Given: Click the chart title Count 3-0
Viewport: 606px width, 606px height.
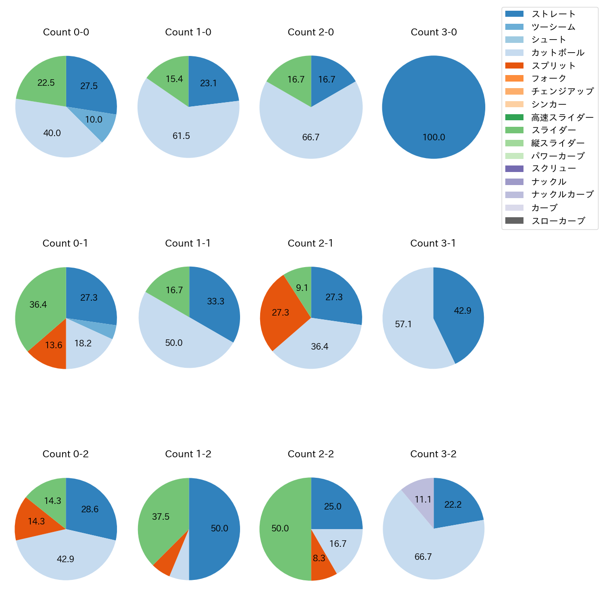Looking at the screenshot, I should point(434,32).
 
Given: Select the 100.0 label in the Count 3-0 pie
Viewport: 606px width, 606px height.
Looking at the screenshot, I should point(434,137).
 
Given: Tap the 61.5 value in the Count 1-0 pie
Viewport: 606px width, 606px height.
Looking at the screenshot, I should point(181,136).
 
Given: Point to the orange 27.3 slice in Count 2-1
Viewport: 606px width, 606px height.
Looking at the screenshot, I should point(281,312).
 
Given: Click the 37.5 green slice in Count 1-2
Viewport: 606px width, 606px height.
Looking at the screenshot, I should point(161,516).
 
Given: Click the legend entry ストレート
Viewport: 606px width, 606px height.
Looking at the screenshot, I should point(553,14).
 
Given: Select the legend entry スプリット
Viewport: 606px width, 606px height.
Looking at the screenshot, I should point(553,66).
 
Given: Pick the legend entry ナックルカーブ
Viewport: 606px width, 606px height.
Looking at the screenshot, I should point(562,194).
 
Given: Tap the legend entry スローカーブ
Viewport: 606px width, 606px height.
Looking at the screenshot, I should point(558,220).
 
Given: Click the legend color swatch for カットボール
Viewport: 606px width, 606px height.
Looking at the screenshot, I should point(514,53).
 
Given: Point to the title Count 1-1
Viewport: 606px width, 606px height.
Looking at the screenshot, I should point(188,243).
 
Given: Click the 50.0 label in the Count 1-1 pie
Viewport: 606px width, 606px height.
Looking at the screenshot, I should point(174,343).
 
